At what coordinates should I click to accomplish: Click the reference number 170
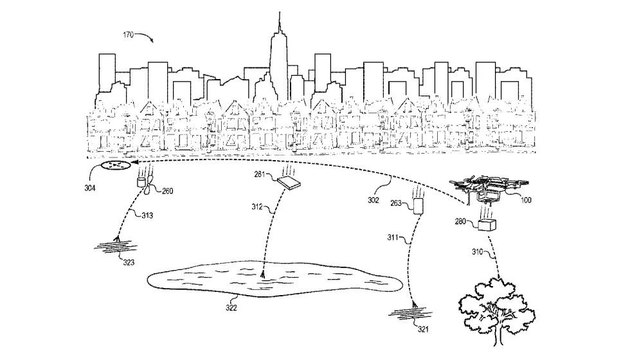click(128, 35)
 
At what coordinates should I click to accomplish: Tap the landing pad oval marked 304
click(116, 165)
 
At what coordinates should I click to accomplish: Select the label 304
click(90, 188)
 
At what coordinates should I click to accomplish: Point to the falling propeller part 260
click(146, 185)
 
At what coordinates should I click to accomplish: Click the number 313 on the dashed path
click(147, 215)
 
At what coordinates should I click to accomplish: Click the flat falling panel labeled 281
click(289, 182)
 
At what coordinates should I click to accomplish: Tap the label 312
click(257, 207)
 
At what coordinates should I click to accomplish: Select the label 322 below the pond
click(231, 308)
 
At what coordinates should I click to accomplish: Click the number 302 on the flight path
click(373, 200)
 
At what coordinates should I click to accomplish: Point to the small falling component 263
click(419, 206)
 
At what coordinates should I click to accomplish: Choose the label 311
click(393, 237)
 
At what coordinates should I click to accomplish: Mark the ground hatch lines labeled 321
click(411, 312)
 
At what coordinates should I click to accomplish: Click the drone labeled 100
click(486, 189)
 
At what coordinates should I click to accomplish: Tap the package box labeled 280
click(487, 224)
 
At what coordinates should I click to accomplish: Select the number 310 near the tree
click(477, 252)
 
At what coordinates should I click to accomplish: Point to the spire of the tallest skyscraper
click(280, 22)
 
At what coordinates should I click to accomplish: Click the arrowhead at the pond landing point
click(263, 275)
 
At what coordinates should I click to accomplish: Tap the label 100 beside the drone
click(526, 200)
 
